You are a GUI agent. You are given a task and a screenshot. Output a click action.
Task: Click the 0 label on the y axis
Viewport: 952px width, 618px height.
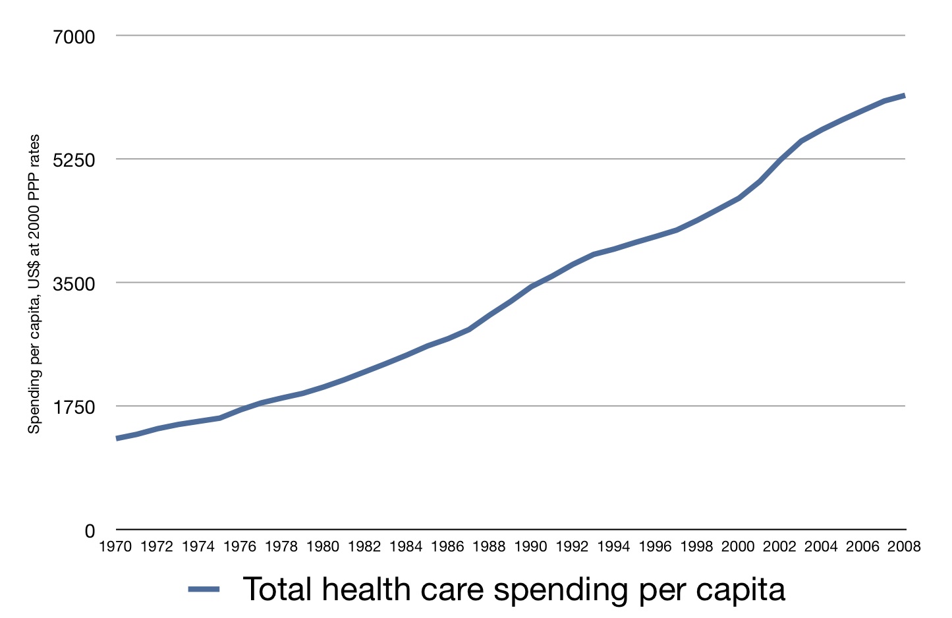(x=90, y=531)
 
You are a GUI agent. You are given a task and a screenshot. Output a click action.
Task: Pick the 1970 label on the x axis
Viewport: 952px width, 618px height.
(x=115, y=547)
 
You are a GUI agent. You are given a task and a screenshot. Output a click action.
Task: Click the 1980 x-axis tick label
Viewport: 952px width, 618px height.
(x=323, y=547)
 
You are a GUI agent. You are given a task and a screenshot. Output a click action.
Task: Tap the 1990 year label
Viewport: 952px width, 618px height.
(x=530, y=547)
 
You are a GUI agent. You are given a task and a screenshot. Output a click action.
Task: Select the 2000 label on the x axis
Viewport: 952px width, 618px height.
(x=738, y=547)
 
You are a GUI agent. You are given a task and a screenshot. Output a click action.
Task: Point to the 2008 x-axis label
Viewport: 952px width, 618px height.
(x=904, y=547)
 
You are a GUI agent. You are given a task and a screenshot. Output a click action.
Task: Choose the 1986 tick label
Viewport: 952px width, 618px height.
(x=447, y=547)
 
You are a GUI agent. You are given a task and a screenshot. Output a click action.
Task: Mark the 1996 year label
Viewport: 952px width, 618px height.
(x=655, y=547)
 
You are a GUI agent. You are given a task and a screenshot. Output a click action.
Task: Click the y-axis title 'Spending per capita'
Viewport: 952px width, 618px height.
(x=34, y=284)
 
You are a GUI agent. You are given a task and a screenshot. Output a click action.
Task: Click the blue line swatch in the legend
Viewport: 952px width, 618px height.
(x=204, y=590)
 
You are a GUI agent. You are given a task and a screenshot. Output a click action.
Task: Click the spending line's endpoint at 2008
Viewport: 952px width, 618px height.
(x=905, y=96)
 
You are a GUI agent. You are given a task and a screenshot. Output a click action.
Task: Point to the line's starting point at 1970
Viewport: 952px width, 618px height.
(x=117, y=438)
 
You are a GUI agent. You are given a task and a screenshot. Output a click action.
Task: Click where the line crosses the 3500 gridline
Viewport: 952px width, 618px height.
(x=536, y=283)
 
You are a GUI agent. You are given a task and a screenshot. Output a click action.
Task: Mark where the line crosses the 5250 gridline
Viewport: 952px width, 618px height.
(x=780, y=159)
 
